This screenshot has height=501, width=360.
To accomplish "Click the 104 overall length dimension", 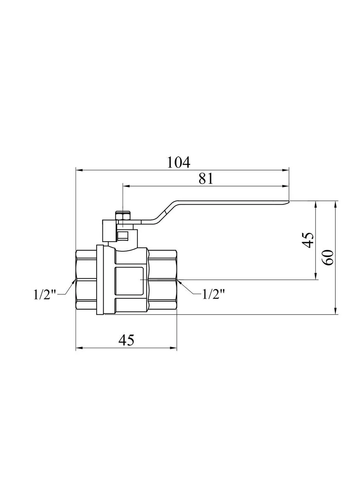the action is [179, 162].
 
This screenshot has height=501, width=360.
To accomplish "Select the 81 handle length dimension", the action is [206, 178].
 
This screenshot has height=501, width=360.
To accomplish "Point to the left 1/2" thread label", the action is [45, 295].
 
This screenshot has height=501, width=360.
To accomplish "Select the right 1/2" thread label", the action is [213, 294].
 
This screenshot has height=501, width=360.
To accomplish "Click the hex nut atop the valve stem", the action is [123, 216].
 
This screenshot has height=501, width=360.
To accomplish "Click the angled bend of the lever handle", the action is [166, 211].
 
